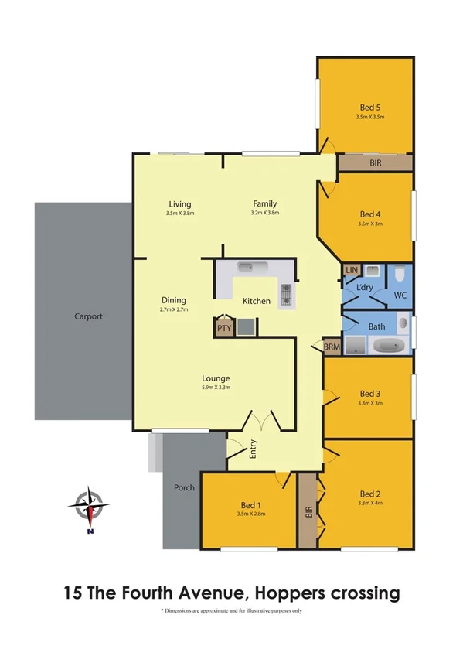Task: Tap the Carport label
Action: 88,316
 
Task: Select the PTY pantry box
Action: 224,328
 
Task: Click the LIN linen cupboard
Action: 352,269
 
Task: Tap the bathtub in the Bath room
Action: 388,346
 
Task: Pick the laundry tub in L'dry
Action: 373,272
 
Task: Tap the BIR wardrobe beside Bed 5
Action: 375,163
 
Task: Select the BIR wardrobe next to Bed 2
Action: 307,511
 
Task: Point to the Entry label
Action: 253,449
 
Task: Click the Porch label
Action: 184,487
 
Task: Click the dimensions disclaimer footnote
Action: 231,611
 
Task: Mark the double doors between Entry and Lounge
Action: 262,422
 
